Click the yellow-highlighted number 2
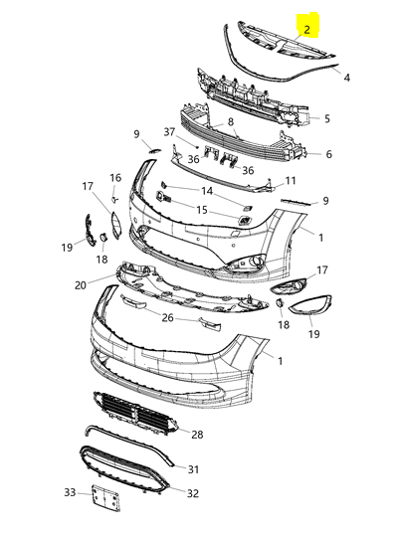(306, 30)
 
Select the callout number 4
(347, 78)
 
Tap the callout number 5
(327, 118)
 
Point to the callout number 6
(328, 154)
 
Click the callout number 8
(230, 121)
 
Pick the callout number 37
(169, 132)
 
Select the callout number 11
(291, 180)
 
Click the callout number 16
(115, 178)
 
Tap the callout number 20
(81, 285)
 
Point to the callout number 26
(167, 318)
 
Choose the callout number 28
(197, 435)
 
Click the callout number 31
(193, 469)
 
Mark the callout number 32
(193, 493)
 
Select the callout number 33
(70, 492)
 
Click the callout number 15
(202, 210)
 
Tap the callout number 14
(207, 191)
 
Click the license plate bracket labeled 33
(105, 498)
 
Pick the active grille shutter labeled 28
(135, 414)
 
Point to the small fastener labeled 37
(197, 147)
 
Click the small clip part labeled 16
(114, 199)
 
